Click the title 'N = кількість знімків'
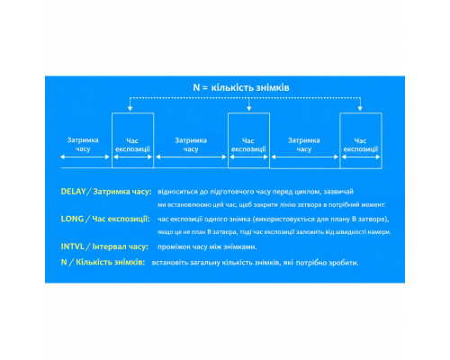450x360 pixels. [241, 87]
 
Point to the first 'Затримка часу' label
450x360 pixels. [83, 144]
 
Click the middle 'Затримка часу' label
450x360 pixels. [191, 144]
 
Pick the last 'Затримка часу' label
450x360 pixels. [304, 144]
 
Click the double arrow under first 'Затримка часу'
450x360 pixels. [85, 157]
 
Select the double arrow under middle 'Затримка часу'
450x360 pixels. [191, 157]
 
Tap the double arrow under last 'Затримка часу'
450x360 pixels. [305, 157]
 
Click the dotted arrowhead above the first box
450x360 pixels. [130, 108]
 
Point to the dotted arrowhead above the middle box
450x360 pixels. [248, 108]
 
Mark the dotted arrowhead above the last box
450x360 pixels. [360, 108]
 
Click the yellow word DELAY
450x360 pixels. [73, 192]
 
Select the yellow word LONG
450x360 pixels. [72, 219]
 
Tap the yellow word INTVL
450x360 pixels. [72, 247]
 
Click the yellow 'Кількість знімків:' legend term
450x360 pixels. [110, 262]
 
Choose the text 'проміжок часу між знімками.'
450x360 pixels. [207, 247]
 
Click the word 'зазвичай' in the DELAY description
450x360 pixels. [338, 192]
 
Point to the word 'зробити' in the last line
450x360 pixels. [344, 263]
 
